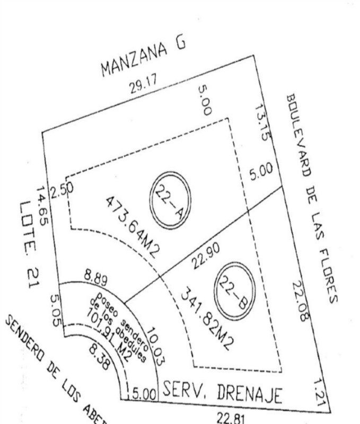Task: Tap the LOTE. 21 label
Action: [27, 244]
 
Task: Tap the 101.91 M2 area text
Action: [111, 339]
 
